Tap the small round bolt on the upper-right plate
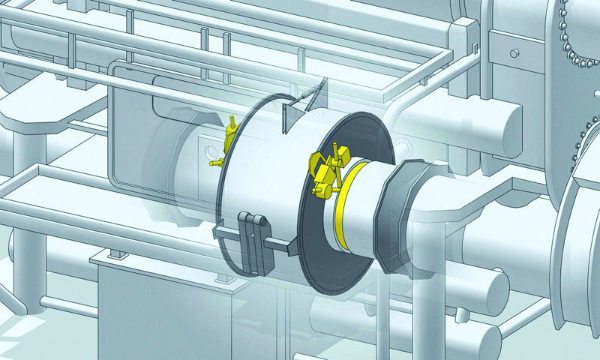pyautogui.click(x=514, y=53)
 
